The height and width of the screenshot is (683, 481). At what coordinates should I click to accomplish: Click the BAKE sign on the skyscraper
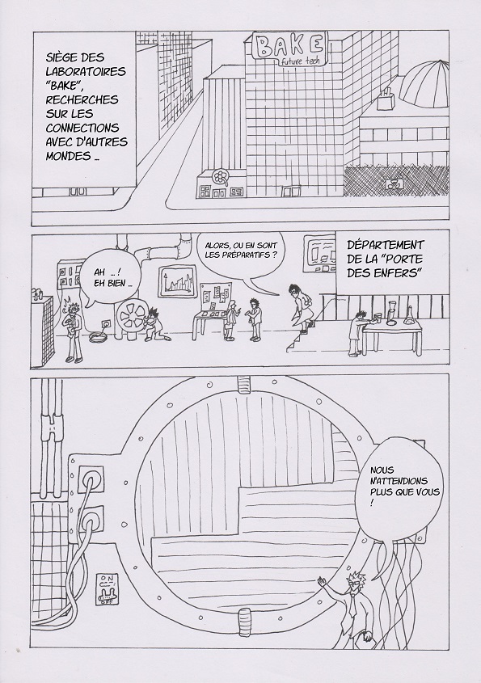click(289, 47)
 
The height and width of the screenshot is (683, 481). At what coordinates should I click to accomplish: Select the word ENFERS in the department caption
click(398, 274)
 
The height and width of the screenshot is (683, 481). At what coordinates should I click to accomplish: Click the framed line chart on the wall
click(177, 283)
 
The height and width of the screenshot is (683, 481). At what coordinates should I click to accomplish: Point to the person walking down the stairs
click(302, 312)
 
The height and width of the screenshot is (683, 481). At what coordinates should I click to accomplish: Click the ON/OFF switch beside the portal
click(107, 589)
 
